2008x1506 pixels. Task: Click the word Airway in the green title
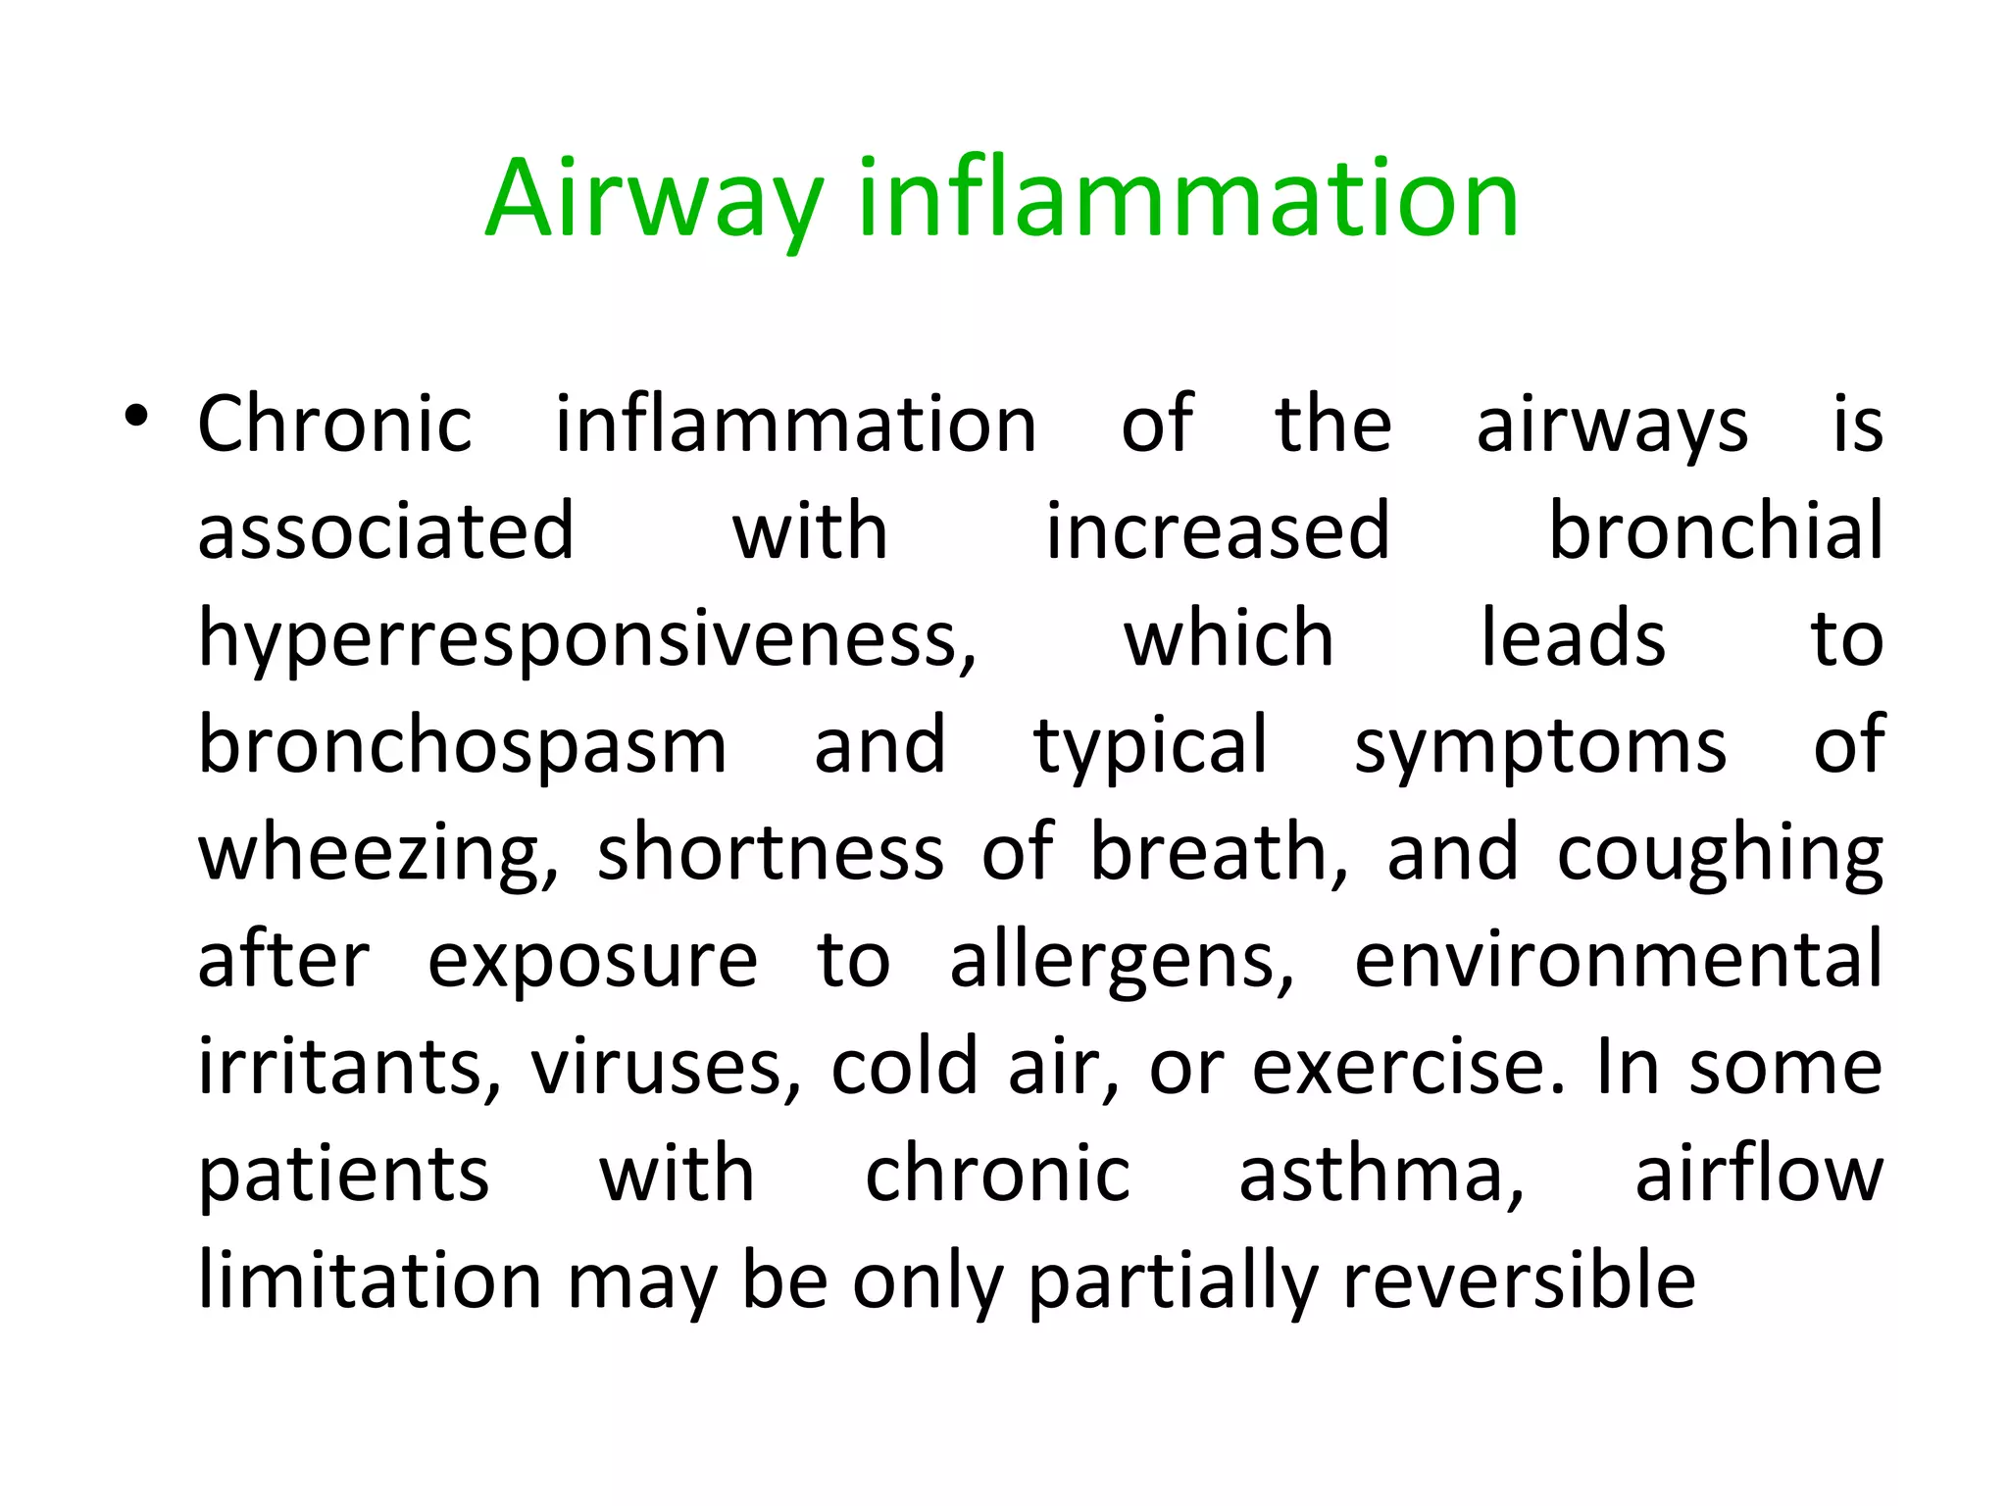(654, 200)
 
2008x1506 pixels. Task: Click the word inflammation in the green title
(1187, 200)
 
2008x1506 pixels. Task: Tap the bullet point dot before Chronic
(136, 417)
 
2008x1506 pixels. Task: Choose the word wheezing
(378, 854)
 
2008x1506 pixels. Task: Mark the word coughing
(1720, 854)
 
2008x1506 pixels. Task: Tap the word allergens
(1122, 961)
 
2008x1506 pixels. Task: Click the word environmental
(1618, 961)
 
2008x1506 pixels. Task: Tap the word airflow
(1759, 1174)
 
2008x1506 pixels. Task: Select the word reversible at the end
(1519, 1280)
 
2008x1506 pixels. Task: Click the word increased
(1218, 530)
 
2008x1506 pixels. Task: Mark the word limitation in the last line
(370, 1280)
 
